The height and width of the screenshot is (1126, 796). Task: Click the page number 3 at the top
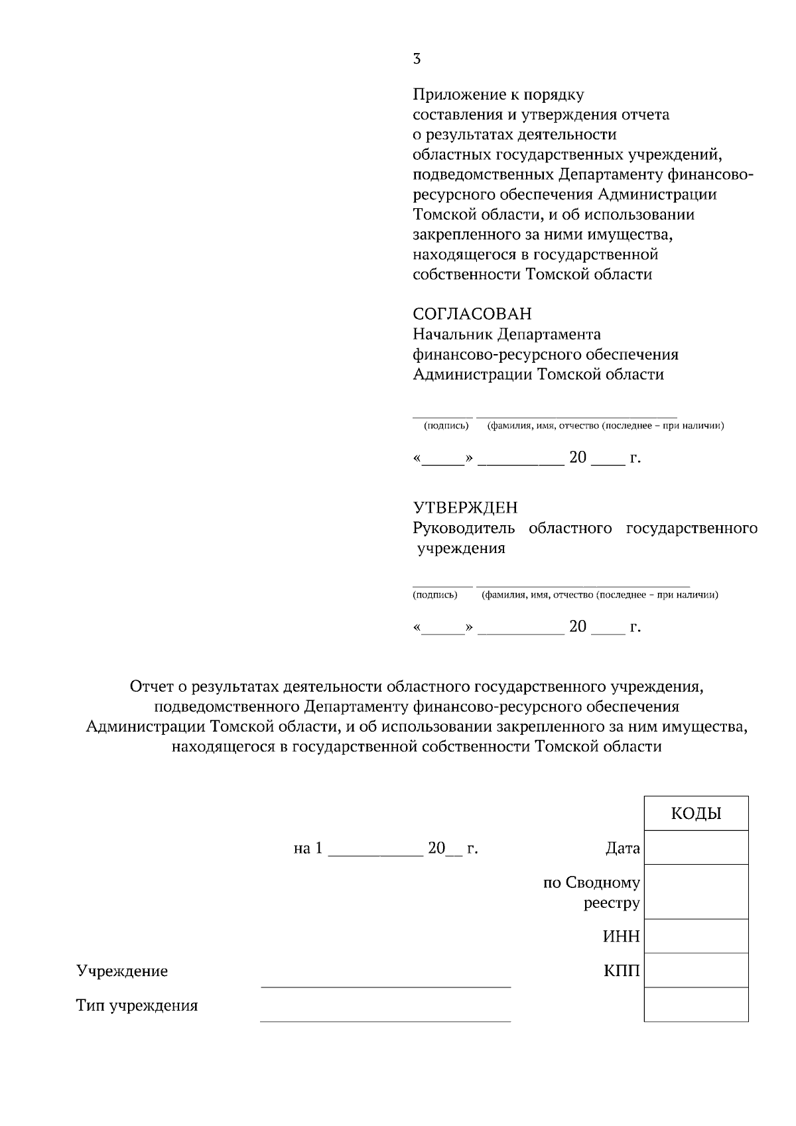[x=417, y=59]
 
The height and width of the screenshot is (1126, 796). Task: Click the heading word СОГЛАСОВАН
[x=472, y=314]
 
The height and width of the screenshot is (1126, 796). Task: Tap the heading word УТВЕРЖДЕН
[x=465, y=508]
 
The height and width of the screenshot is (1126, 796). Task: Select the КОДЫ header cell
[x=696, y=814]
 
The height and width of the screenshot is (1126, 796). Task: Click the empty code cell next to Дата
[x=696, y=847]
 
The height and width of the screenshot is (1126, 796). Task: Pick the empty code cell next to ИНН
[x=696, y=936]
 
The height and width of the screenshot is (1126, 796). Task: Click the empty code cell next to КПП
[x=696, y=971]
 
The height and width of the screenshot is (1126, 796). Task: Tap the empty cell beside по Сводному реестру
[x=696, y=892]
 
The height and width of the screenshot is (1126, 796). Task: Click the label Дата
[x=622, y=848]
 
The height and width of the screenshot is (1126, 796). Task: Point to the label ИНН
[x=621, y=937]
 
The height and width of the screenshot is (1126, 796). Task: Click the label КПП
[x=622, y=971]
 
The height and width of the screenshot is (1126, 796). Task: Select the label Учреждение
[x=122, y=971]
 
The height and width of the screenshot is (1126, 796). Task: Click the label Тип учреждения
[x=137, y=1006]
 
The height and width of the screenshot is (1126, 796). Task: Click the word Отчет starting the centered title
[x=150, y=687]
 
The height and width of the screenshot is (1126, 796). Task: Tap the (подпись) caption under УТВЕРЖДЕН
[x=435, y=595]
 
